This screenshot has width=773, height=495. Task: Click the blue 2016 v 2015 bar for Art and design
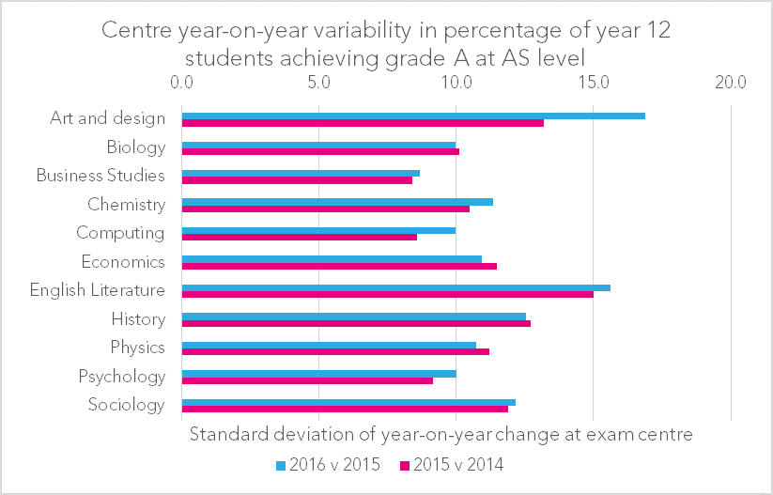coord(413,116)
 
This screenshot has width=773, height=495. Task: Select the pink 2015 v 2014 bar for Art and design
coord(363,123)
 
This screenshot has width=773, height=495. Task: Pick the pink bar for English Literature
coord(387,295)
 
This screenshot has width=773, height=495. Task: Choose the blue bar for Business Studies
coord(301,173)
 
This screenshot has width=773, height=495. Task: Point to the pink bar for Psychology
coord(307,380)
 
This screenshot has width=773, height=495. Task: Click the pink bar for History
coord(356,323)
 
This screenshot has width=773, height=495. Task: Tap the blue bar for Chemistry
coord(337,202)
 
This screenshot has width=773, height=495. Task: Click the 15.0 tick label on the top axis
coord(593,82)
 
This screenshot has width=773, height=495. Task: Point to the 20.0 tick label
coord(730,82)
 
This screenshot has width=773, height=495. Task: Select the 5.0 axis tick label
coord(318,82)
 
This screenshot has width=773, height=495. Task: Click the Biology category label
coord(136,147)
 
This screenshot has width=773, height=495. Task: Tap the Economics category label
coord(123,262)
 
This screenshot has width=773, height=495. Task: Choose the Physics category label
coord(137,348)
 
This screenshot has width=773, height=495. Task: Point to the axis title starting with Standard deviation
coord(441,435)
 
